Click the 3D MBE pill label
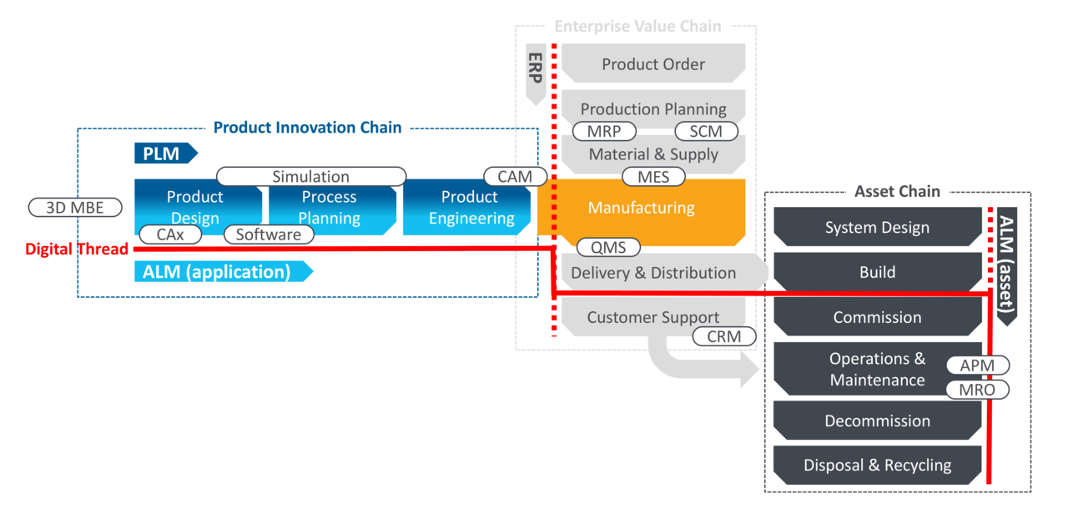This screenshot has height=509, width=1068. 75,207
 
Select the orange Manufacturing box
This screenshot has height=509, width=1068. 641,208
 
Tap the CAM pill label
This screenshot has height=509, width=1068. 515,176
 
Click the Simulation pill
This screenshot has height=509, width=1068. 310,177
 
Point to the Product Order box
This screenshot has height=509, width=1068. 653,64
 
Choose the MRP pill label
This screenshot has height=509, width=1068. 604,131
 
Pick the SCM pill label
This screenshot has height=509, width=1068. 707,131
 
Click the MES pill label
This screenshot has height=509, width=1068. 653,176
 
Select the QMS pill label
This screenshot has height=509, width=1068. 608,247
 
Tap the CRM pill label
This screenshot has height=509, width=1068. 724,336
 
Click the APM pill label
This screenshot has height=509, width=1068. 978,365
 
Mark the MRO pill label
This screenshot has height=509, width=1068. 978,390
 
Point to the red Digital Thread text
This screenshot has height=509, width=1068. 77,249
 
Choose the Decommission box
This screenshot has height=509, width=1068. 877,421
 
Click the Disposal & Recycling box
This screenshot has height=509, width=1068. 877,466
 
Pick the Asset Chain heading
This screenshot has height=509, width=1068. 897,191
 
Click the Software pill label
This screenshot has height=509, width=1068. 268,234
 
